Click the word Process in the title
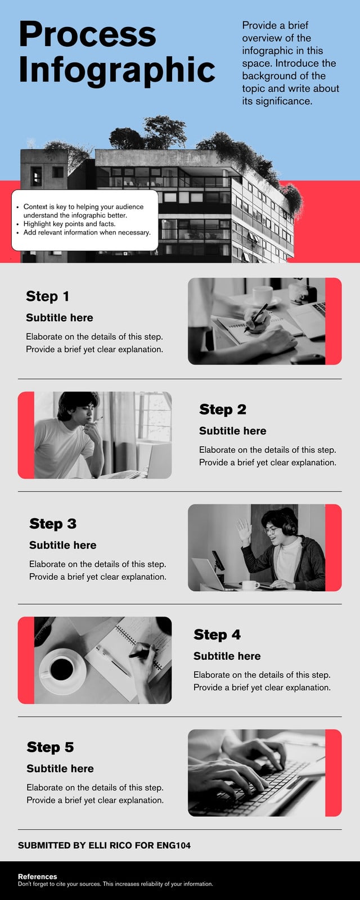(88, 34)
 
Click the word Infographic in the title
(117, 70)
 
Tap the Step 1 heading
(47, 296)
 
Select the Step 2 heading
(223, 409)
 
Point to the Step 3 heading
(53, 524)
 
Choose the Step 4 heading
(217, 634)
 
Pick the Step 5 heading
(50, 747)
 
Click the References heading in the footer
(37, 876)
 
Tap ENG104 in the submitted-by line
(173, 845)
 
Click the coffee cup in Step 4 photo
(62, 669)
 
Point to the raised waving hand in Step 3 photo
(244, 529)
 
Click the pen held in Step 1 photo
(256, 317)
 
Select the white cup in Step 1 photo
(262, 295)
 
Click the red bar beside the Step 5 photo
(334, 773)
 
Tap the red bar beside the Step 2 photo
(26, 435)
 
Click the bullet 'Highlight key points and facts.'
(70, 224)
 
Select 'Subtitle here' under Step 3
(62, 545)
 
